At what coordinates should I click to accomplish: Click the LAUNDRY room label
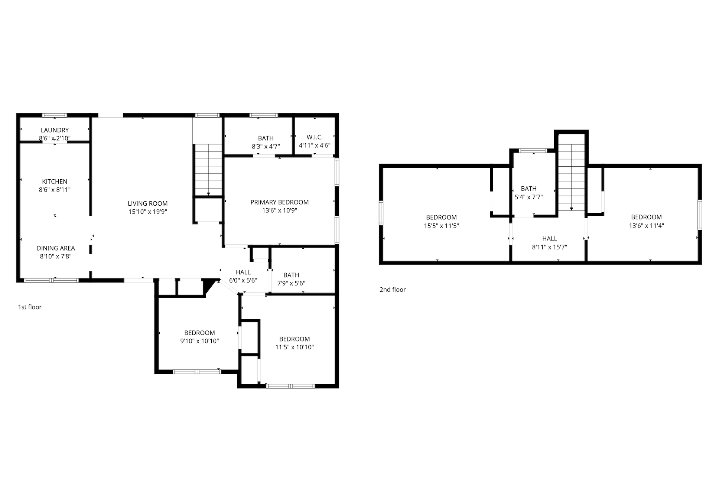55,130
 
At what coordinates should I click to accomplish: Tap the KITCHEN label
55,182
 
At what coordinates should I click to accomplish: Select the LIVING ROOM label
148,203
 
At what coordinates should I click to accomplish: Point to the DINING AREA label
56,248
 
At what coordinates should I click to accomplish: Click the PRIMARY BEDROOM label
280,202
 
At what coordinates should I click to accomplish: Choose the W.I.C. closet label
315,137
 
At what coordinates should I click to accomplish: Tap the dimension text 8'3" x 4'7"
266,147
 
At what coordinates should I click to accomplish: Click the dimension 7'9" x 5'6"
291,283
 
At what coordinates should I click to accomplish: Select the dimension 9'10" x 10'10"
200,341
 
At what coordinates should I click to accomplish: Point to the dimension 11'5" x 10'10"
295,347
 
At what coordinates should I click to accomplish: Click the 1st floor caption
30,307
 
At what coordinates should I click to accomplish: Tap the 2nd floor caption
393,290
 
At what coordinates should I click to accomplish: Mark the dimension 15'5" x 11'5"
442,226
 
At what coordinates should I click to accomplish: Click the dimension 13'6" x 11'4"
647,225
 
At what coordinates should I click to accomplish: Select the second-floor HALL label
550,239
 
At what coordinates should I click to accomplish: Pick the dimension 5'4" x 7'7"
529,197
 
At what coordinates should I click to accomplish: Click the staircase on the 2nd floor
572,176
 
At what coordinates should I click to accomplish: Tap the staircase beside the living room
208,169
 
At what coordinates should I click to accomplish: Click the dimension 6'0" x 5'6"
243,281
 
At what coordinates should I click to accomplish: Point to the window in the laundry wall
55,115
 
